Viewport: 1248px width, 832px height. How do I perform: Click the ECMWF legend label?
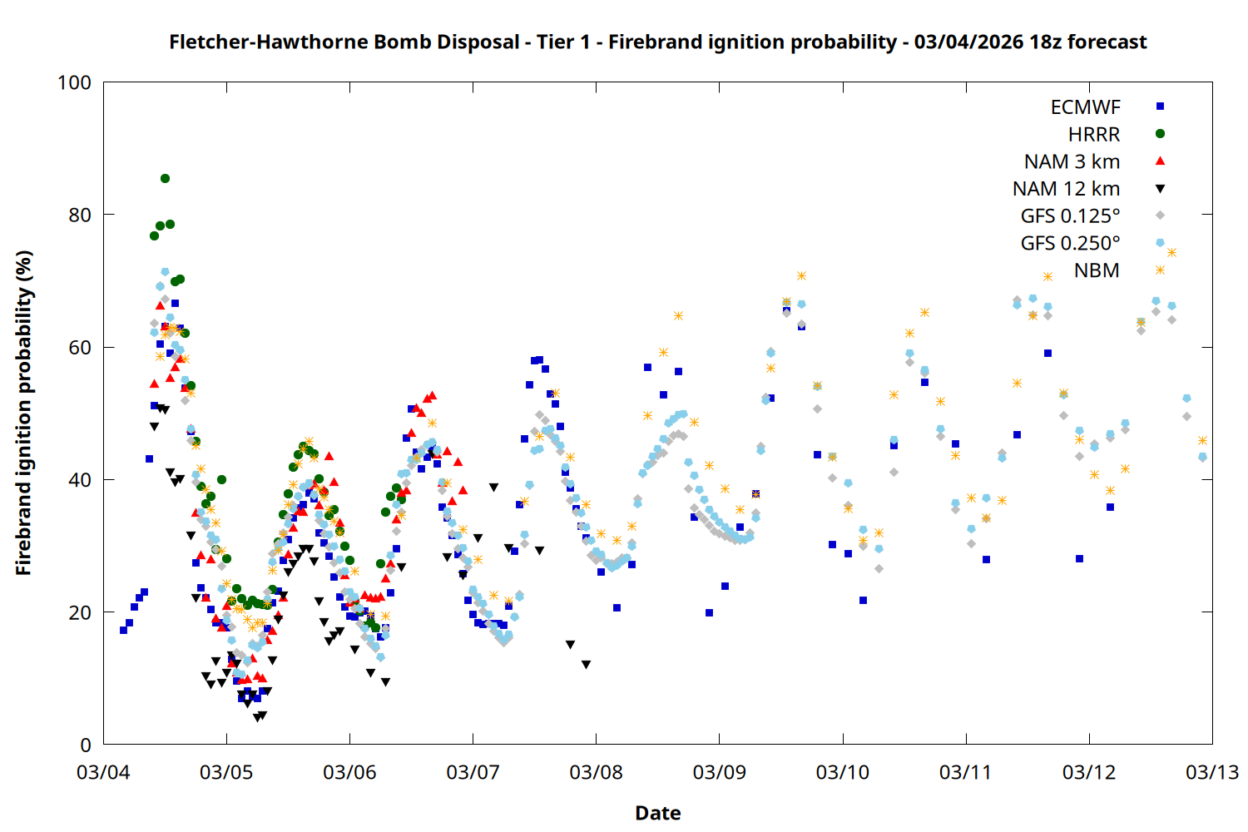tap(1085, 107)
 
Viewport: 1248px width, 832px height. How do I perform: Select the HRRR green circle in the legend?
tap(1160, 134)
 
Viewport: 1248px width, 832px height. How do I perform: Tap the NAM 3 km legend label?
tap(1072, 161)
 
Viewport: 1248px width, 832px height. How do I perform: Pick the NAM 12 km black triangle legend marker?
tap(1160, 189)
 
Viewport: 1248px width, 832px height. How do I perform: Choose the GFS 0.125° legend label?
tap(1070, 216)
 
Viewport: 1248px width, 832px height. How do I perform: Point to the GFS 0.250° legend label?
tap(1070, 243)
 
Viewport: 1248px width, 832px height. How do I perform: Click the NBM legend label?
tap(1097, 270)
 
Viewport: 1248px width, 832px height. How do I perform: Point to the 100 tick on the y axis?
tap(74, 82)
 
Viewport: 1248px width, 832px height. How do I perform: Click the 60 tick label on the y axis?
tap(80, 348)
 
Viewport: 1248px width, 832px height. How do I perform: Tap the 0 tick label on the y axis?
tap(86, 745)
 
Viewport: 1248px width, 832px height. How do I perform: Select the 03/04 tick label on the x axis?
tap(103, 772)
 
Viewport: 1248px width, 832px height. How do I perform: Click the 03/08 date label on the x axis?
tap(596, 772)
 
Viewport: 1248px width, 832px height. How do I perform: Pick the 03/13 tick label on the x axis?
tap(1211, 772)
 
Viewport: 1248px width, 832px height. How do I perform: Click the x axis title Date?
tap(657, 813)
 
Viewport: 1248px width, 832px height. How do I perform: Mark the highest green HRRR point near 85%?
tap(165, 178)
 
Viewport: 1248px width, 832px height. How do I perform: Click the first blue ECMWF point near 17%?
tap(123, 630)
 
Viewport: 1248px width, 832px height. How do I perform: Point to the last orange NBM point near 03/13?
tap(1202, 440)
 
